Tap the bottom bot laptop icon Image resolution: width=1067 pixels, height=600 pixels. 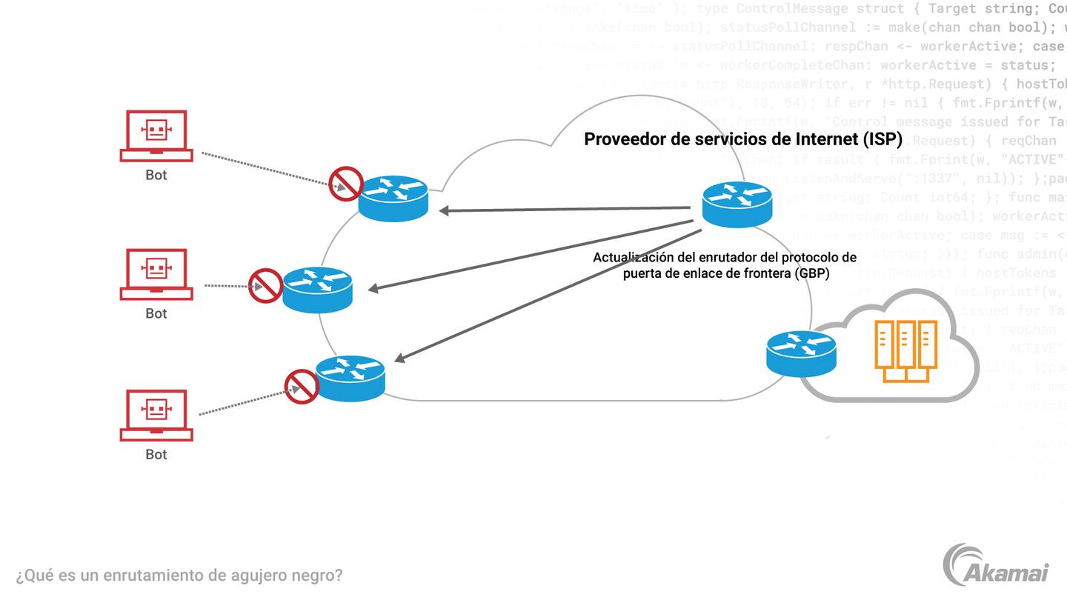pyautogui.click(x=156, y=414)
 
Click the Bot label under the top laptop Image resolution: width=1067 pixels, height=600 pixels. pyautogui.click(x=156, y=176)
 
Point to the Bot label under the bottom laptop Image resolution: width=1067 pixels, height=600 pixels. pyautogui.click(x=156, y=455)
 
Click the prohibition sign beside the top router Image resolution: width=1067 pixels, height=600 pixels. pyautogui.click(x=345, y=184)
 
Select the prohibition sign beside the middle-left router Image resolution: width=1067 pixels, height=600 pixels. pyautogui.click(x=265, y=285)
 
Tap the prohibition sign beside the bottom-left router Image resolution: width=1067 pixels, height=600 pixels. pyautogui.click(x=302, y=386)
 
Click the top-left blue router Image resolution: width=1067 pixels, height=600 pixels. pyautogui.click(x=393, y=198)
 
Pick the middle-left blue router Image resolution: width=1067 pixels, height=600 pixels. pyautogui.click(x=317, y=289)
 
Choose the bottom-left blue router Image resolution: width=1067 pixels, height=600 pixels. pyautogui.click(x=350, y=378)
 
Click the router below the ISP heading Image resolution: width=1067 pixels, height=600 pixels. pyautogui.click(x=737, y=204)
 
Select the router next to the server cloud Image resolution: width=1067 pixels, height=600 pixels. pyautogui.click(x=801, y=353)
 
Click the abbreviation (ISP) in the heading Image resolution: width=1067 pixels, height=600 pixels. pyautogui.click(x=877, y=139)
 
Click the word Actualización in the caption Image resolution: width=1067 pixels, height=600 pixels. pyautogui.click(x=632, y=258)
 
